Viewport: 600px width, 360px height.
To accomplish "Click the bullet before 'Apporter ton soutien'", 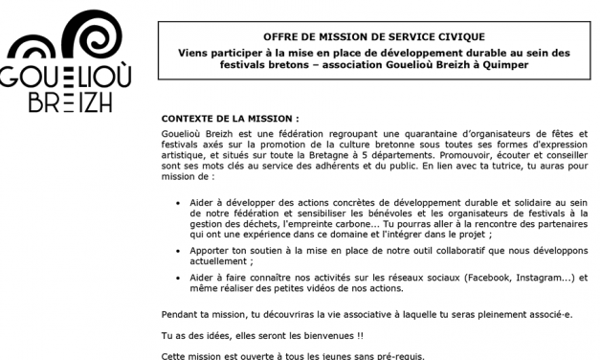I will pyautogui.click(x=182, y=248).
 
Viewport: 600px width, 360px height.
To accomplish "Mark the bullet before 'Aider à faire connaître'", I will pyautogui.click(x=182, y=276).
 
